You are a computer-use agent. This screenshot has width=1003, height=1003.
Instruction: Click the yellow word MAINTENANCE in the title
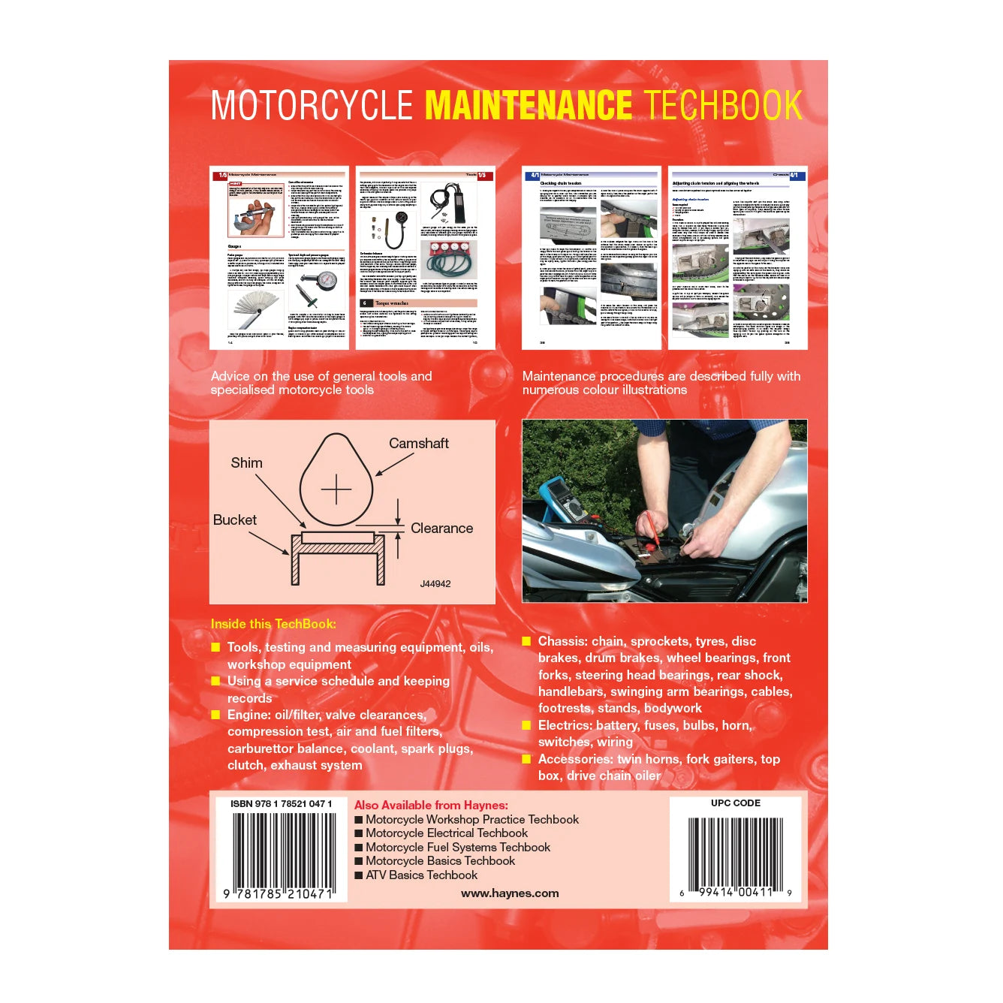[529, 105]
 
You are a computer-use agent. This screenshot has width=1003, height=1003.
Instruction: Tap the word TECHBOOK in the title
[723, 105]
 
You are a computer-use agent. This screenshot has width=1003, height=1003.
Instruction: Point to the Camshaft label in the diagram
[418, 444]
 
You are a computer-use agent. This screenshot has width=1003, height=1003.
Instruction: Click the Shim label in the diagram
[246, 463]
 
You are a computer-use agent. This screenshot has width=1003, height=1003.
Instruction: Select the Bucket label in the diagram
[234, 520]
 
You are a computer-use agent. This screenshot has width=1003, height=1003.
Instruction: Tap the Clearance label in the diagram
[441, 529]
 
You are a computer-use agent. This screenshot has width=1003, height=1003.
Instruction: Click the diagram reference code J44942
[435, 584]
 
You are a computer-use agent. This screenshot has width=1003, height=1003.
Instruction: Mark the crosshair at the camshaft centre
[336, 489]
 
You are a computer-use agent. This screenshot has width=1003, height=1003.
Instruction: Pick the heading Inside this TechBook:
[273, 624]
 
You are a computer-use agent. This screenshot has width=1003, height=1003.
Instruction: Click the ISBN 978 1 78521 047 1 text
[281, 804]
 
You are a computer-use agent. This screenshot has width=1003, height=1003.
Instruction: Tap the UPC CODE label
[735, 803]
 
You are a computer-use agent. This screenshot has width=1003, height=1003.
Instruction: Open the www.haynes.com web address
[510, 893]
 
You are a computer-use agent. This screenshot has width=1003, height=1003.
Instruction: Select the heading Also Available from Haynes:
[431, 805]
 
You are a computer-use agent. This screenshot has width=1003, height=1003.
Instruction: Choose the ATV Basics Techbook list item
[421, 875]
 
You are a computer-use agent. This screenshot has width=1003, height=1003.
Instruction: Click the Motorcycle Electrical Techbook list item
[446, 833]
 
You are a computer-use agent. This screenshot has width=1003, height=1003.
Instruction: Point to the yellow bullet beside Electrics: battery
[526, 725]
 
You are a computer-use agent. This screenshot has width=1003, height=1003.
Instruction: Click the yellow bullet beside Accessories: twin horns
[526, 759]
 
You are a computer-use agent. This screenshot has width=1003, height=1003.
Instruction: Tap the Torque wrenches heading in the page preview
[392, 303]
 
